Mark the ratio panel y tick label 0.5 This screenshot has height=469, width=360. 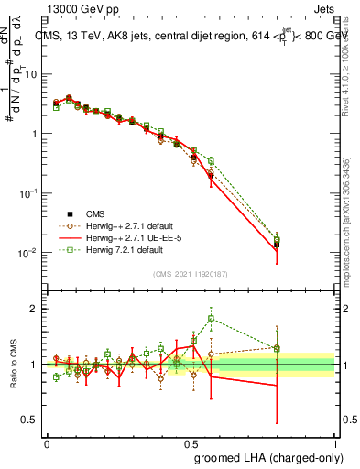(x=29, y=420)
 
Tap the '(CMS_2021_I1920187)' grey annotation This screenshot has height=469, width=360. (x=189, y=273)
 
